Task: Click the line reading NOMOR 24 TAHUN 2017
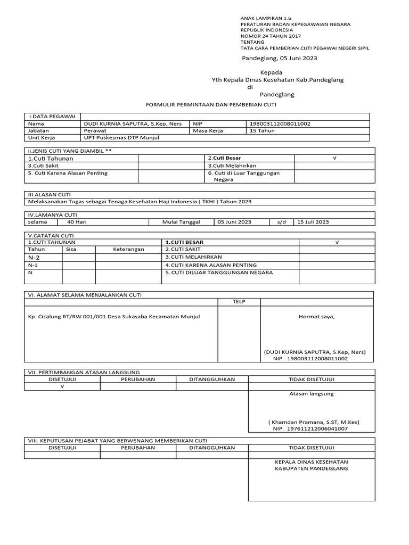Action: tap(271, 36)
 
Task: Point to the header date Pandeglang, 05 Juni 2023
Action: tap(280, 59)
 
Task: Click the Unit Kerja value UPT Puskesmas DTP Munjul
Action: tap(121, 137)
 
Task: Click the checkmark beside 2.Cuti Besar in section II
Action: tap(335, 158)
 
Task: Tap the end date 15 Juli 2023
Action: tap(313, 222)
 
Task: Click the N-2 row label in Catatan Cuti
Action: tap(34, 257)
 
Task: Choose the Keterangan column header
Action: tap(128, 249)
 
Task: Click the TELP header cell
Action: tap(239, 301)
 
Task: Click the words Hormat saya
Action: tap(317, 317)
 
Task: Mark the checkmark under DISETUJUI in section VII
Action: tap(62, 387)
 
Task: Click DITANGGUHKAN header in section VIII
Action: tap(212, 448)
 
